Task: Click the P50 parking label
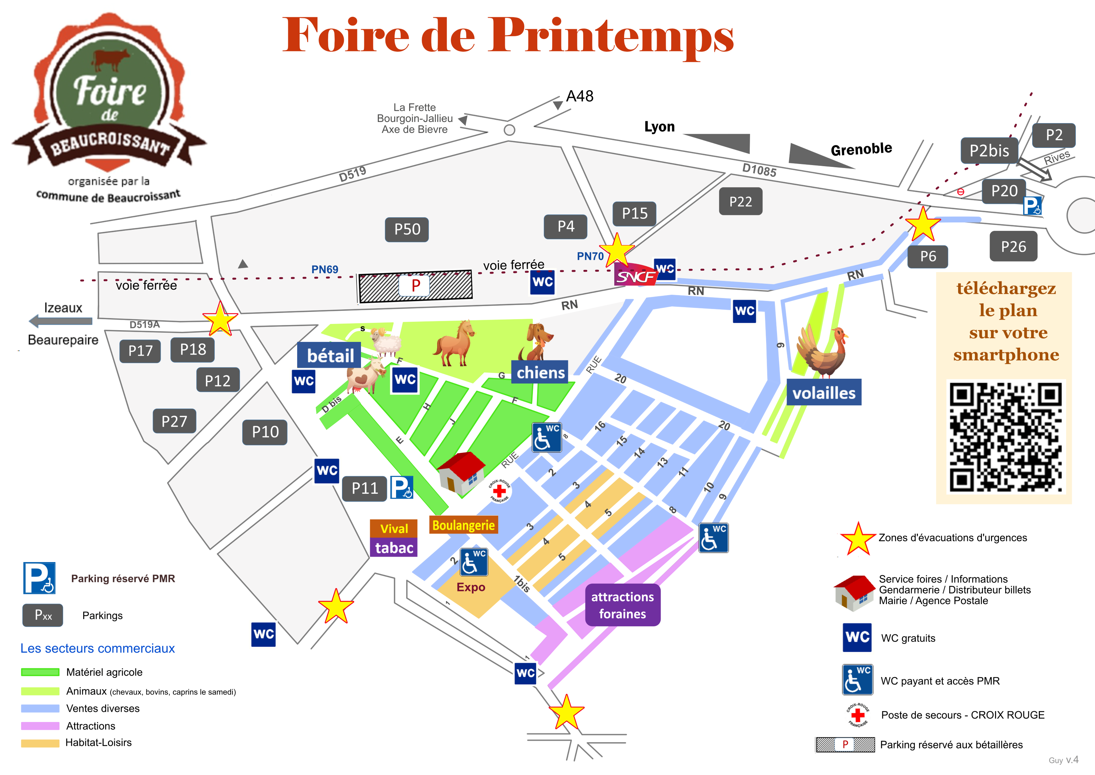coord(407,229)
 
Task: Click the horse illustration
coord(454,344)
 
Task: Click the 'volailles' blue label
coord(824,393)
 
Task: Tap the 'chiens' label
coord(540,373)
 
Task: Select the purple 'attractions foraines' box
coord(622,605)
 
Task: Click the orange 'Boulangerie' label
coord(464,525)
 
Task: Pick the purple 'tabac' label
coord(394,547)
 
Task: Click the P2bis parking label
coord(989,151)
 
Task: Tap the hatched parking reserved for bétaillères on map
coord(415,286)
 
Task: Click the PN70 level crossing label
coord(590,256)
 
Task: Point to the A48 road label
coord(580,96)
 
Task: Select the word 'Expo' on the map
coord(471,587)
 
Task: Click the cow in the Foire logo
coord(111,58)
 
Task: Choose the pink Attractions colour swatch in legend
coord(40,726)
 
